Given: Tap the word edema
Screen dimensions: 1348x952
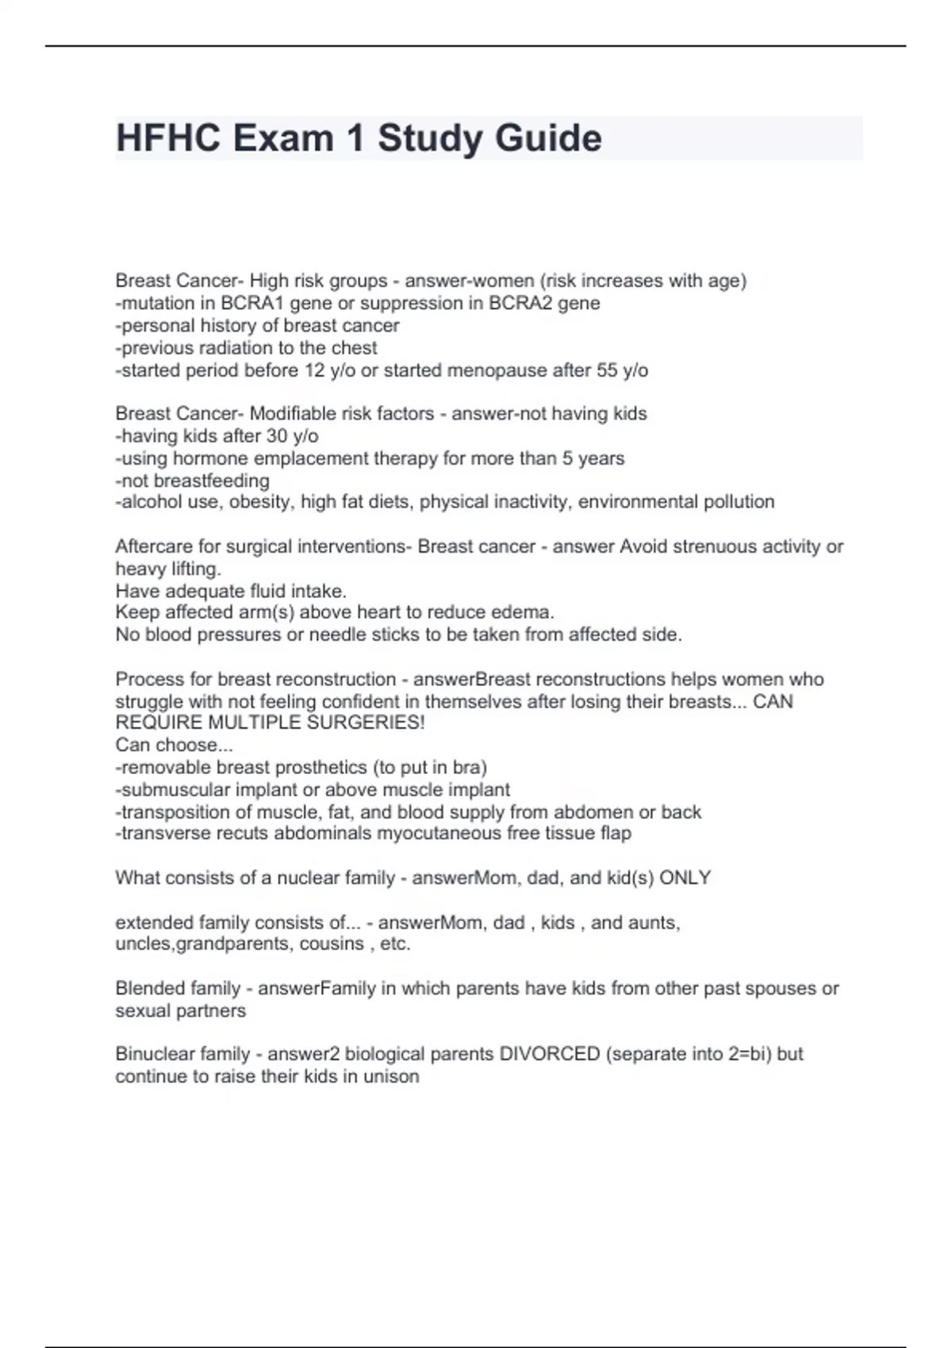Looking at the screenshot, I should click(x=529, y=612).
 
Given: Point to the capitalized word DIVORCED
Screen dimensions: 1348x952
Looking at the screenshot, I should click(x=549, y=1055).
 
